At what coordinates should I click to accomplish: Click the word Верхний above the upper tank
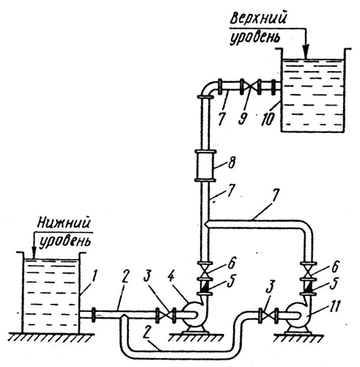pos(258,18)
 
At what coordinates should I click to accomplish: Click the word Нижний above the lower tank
pos(65,222)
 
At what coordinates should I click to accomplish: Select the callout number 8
pos(231,163)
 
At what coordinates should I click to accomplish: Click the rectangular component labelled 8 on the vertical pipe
pos(205,167)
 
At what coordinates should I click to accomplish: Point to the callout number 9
pos(242,118)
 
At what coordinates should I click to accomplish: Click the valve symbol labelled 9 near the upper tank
pos(250,87)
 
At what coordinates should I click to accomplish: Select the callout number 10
pos(267,119)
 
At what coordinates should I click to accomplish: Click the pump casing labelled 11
pos(298,316)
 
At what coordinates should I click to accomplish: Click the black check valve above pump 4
pos(205,286)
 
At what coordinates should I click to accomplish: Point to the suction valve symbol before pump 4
pos(166,316)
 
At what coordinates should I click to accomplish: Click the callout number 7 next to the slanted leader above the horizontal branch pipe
pos(276,195)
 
